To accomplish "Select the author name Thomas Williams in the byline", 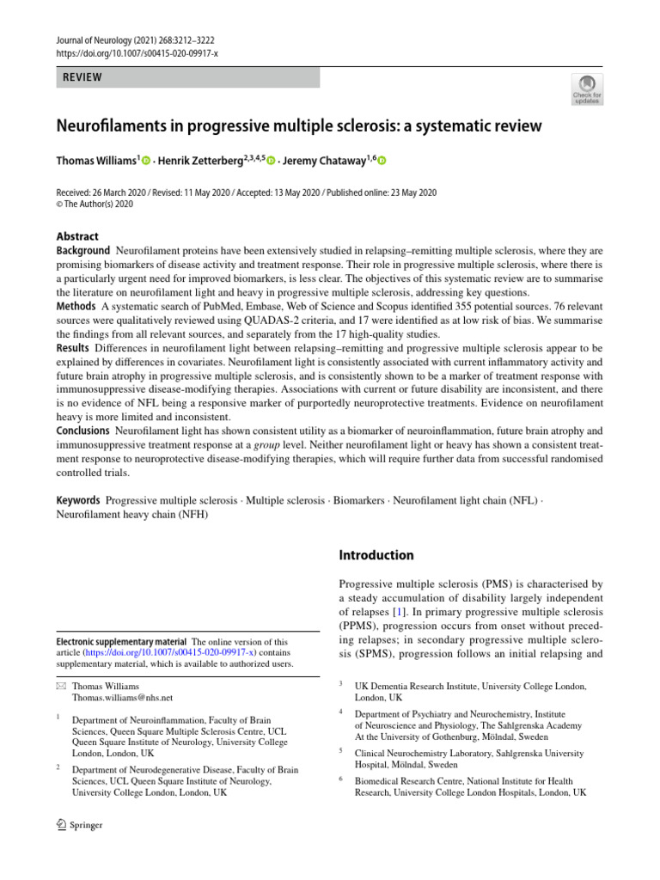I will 95,160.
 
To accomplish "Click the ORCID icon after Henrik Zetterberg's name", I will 272,161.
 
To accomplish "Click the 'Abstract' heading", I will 77,236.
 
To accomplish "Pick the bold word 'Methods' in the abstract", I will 76,307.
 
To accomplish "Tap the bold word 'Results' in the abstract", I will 72,348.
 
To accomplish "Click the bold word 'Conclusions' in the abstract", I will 83,430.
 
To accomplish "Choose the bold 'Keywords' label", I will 78,500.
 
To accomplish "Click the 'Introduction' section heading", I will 376,555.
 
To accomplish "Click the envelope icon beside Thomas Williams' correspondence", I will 60,686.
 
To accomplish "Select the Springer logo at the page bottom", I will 79,825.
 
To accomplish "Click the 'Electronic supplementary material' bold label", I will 121,642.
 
